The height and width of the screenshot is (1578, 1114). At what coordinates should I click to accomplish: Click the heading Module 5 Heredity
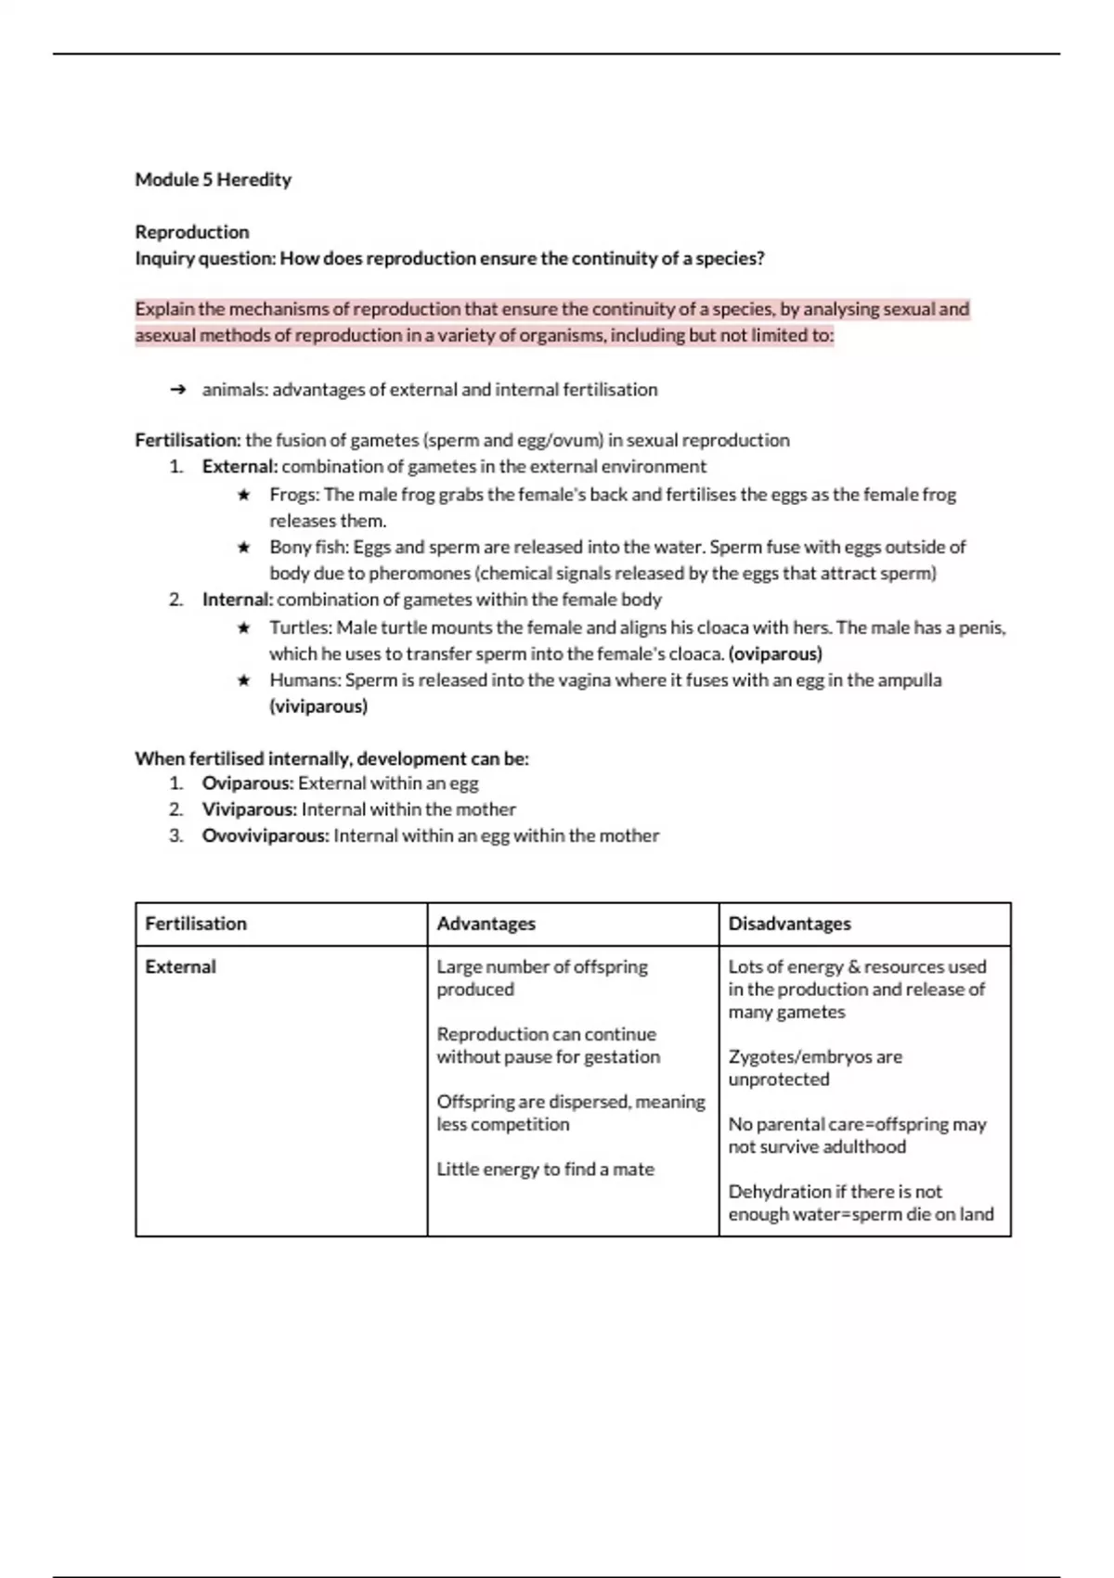213,180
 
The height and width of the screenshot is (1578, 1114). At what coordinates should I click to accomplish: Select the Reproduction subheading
192,232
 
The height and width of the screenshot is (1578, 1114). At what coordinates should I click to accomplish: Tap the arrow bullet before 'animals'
179,390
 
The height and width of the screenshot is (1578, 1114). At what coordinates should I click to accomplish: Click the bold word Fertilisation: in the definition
188,440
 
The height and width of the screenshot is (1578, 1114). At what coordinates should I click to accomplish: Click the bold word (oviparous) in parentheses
775,654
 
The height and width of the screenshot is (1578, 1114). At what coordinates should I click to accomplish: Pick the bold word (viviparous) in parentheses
318,707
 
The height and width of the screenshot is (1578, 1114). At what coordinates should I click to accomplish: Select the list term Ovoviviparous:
266,836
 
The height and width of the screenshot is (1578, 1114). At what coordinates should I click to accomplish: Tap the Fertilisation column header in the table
196,924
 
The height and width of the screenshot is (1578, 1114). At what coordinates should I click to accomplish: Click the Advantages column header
486,924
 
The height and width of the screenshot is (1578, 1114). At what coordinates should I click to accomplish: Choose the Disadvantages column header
789,924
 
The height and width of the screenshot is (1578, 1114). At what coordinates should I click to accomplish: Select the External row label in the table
180,967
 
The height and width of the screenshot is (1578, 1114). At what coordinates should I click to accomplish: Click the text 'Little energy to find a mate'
545,1170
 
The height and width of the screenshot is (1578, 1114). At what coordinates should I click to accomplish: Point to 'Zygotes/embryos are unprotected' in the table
814,1068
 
